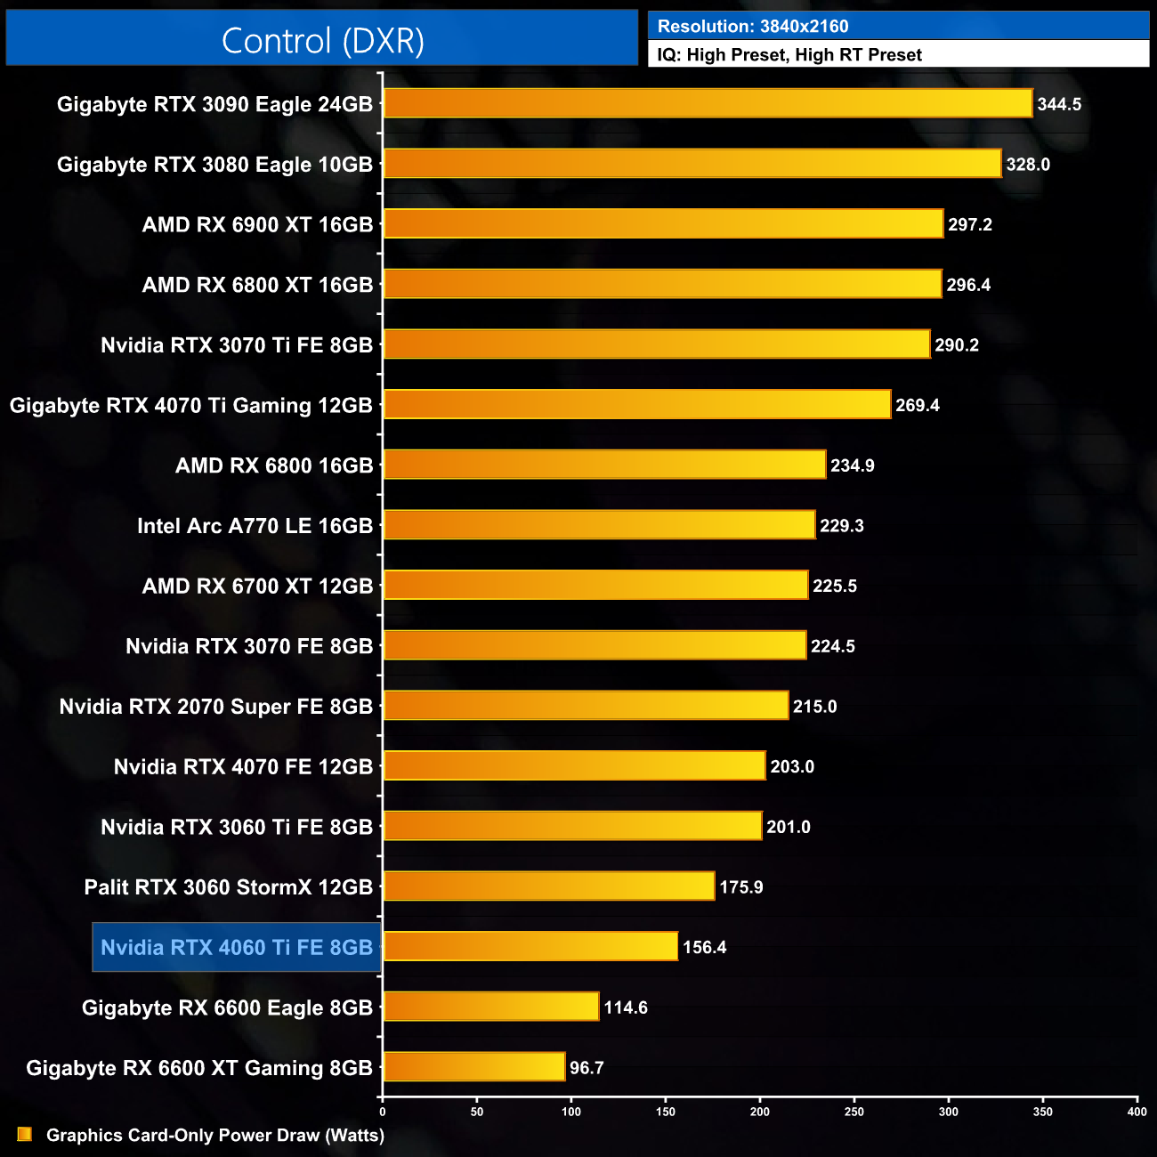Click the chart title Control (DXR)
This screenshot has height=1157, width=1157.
[x=322, y=41]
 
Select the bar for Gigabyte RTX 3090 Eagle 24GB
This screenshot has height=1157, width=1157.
[x=708, y=103]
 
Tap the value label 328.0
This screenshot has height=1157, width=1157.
[x=1028, y=165]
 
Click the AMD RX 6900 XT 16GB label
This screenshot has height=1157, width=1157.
[x=257, y=225]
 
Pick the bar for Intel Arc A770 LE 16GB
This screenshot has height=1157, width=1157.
[x=599, y=525]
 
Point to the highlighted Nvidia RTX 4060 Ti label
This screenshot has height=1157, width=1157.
[x=237, y=948]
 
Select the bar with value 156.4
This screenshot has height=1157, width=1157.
[x=530, y=946]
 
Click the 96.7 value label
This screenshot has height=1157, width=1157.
[x=587, y=1068]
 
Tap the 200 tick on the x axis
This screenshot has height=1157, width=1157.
[x=760, y=1112]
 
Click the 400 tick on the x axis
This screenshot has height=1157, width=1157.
[x=1137, y=1112]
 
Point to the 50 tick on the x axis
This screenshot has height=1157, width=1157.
[x=477, y=1112]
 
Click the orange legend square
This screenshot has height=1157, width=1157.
[x=25, y=1135]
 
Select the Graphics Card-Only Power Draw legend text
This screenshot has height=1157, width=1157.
[x=215, y=1136]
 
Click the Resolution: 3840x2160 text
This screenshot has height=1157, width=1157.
[x=753, y=27]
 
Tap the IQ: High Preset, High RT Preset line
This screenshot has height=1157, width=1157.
[x=789, y=55]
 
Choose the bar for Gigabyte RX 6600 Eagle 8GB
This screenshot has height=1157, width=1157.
[x=491, y=1007]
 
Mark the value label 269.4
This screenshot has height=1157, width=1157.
[x=918, y=406]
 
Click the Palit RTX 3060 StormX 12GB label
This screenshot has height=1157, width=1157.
[x=229, y=887]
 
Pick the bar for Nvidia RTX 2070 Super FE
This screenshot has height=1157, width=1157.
[x=586, y=706]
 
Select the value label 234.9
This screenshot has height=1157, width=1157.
[x=853, y=465]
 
